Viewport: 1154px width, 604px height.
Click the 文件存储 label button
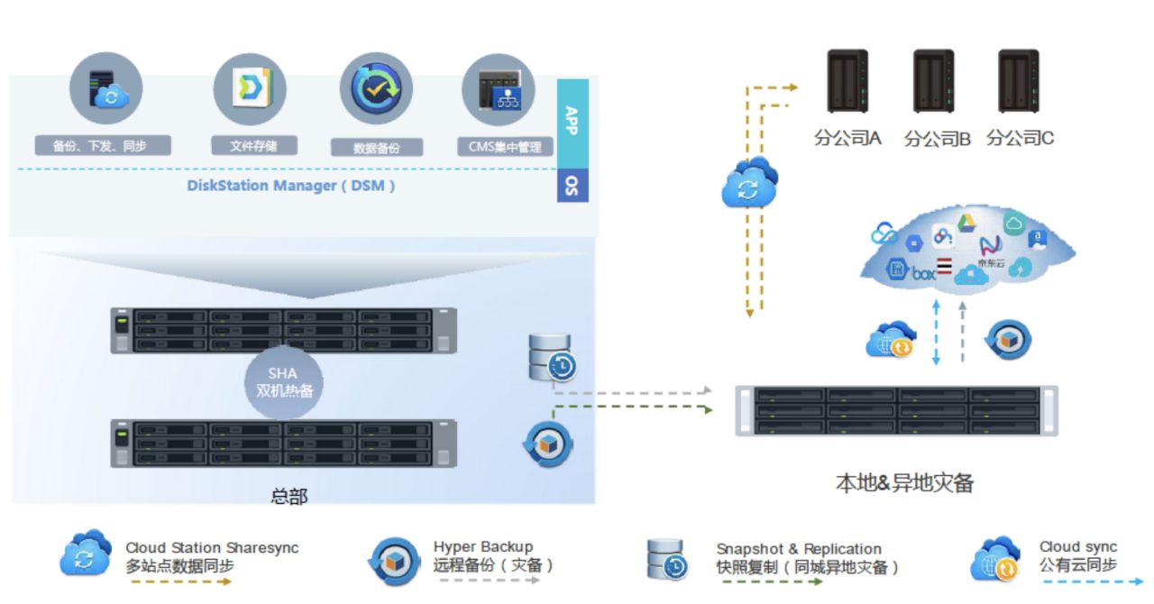click(x=250, y=145)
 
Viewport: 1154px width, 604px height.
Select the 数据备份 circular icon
click(x=376, y=88)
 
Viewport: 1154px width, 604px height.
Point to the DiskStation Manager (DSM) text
click(x=290, y=187)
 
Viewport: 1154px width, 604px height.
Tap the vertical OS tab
click(x=572, y=185)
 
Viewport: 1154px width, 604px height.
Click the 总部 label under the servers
click(x=288, y=496)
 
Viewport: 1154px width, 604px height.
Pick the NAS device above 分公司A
click(x=847, y=81)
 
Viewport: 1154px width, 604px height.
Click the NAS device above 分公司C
click(x=1019, y=81)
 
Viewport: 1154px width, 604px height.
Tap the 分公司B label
click(x=937, y=139)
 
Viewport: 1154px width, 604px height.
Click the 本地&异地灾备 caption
click(x=904, y=483)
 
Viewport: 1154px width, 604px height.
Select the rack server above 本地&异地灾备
click(x=896, y=411)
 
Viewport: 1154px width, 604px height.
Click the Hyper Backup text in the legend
click(x=482, y=547)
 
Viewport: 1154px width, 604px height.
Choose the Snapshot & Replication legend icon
click(x=667, y=559)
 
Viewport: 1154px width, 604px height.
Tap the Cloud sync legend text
click(x=1077, y=547)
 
